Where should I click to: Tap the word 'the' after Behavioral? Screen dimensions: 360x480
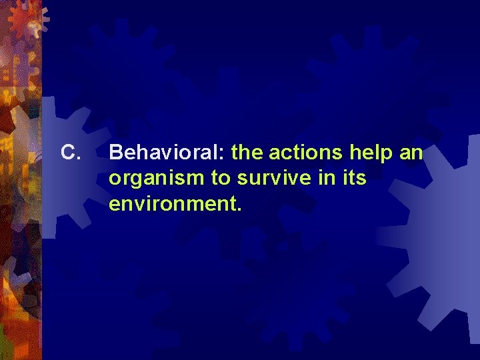247,153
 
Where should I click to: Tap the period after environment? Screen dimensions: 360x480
239,209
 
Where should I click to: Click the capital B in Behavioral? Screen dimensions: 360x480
115,153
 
